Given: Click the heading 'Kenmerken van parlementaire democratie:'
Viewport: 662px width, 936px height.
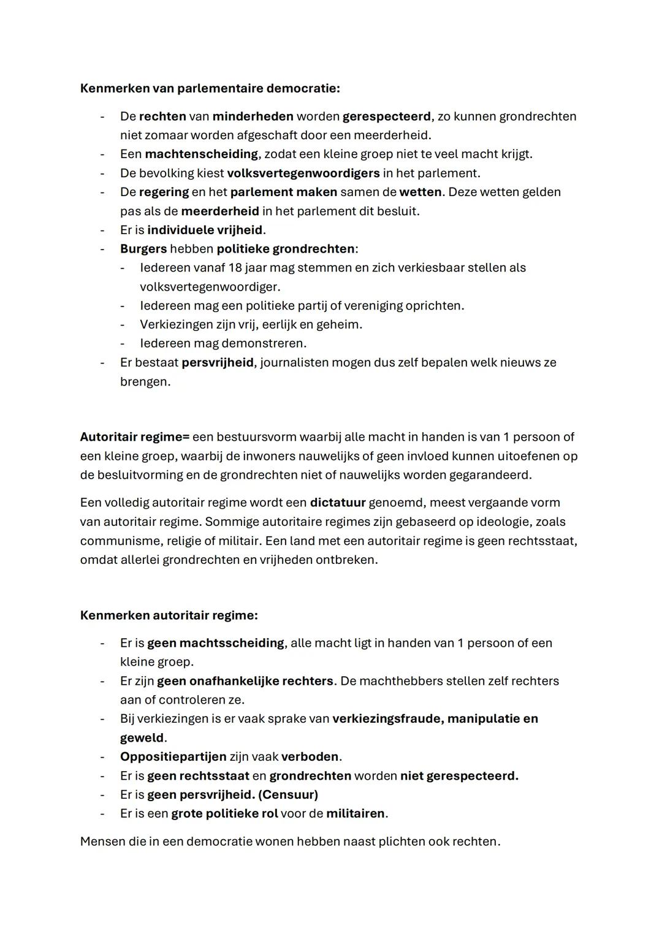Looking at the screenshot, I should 210,88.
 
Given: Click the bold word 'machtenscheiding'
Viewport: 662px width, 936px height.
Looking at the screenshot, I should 201,154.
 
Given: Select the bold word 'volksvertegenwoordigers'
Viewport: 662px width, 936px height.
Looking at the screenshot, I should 303,173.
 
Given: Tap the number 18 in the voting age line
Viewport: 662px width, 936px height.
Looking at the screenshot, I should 235,268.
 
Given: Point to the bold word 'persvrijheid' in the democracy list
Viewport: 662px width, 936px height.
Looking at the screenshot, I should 218,362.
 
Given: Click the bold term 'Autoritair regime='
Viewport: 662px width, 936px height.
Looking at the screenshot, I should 134,437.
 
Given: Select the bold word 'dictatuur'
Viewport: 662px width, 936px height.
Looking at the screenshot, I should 337,503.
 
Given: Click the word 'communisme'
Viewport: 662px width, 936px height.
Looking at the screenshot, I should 116,541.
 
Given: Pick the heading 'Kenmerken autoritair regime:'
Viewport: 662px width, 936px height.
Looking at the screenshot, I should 169,615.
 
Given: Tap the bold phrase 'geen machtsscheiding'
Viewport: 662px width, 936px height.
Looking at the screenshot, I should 216,643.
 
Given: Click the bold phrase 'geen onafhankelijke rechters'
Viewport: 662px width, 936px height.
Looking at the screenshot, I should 245,681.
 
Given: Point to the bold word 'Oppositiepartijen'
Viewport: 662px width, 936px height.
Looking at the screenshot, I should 173,756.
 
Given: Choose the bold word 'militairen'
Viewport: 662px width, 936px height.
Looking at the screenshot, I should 356,813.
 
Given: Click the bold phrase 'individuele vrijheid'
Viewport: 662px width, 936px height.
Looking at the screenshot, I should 205,230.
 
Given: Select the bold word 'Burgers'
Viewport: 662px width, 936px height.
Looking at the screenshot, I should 143,249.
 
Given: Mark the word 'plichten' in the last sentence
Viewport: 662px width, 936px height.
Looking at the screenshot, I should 401,842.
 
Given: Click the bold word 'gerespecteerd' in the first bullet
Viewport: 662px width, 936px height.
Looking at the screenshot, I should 386,116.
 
